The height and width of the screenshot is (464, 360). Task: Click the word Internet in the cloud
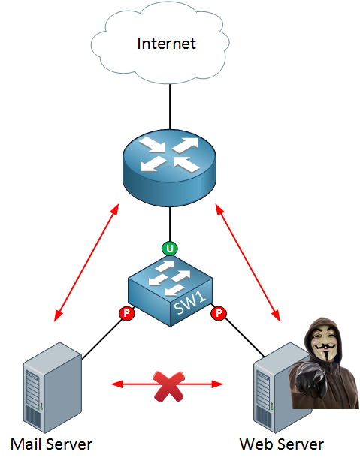click(x=166, y=44)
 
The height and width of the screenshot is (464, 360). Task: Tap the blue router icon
click(x=170, y=167)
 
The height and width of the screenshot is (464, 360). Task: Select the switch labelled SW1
click(x=170, y=291)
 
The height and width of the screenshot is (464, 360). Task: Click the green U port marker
click(x=170, y=249)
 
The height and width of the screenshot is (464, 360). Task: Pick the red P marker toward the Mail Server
click(x=127, y=313)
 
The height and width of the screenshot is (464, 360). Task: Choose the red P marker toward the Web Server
click(x=219, y=313)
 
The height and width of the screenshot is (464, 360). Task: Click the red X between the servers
click(x=168, y=387)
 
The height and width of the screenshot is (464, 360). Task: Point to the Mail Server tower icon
click(x=52, y=387)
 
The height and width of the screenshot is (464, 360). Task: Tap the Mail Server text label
click(x=51, y=444)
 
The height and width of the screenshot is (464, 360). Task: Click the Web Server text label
click(x=282, y=444)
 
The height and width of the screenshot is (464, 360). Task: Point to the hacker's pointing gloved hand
click(x=310, y=381)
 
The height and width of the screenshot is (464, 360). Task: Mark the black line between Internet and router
click(x=170, y=107)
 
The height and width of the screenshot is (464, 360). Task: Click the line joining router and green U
click(x=170, y=224)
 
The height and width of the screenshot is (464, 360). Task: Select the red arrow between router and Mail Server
click(x=86, y=263)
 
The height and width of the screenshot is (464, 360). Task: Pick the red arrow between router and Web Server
click(x=248, y=263)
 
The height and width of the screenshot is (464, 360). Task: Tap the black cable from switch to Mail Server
click(x=102, y=338)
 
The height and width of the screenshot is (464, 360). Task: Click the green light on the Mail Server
click(x=41, y=408)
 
